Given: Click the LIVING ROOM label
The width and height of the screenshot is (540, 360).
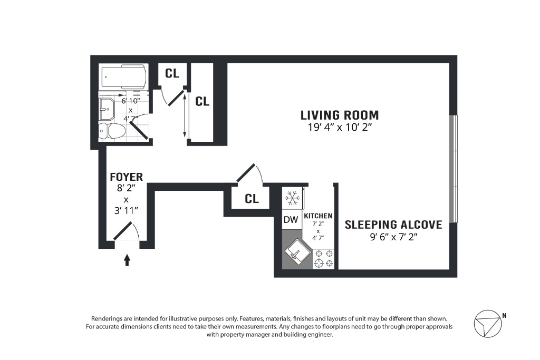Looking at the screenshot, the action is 340,115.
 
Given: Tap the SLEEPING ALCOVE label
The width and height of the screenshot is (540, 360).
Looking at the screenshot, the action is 393,225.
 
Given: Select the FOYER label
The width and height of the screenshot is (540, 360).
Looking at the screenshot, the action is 126,177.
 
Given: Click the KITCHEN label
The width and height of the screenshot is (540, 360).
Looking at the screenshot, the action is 318,216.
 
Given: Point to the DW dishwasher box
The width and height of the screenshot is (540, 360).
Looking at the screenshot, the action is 291,220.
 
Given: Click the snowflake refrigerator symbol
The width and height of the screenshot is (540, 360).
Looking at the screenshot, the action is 292,198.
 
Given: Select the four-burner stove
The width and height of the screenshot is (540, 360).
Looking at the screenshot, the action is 324,259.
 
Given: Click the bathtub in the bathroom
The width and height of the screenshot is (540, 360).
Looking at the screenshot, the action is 124,77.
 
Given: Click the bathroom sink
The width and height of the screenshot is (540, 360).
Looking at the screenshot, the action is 107,109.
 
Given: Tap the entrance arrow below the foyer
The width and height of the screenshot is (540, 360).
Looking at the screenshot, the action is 127,260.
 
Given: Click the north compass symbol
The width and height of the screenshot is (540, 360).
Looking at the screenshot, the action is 487,324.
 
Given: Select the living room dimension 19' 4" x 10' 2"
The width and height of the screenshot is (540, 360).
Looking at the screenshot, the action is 340,128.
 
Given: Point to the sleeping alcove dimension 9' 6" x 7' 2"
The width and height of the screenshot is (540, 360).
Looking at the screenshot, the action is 393,237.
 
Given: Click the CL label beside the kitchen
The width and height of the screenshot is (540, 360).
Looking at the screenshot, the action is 252,199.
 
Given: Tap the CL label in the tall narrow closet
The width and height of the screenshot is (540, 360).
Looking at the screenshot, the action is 202,102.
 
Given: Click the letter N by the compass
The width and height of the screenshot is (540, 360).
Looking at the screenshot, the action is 504,315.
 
